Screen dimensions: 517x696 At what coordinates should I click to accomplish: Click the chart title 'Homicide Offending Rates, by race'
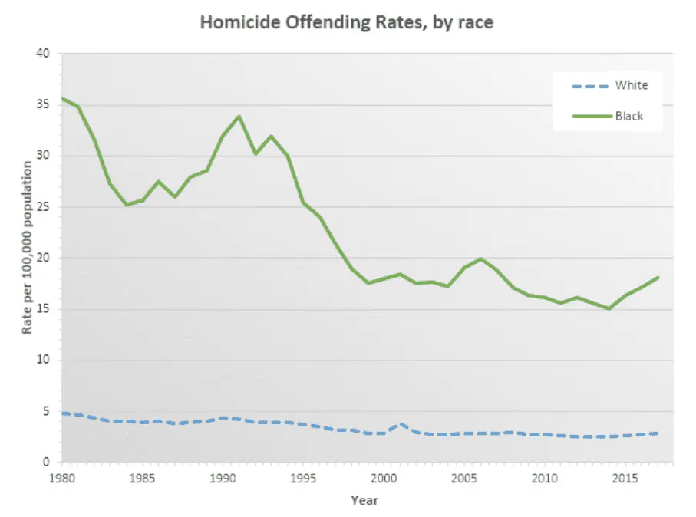click(x=346, y=22)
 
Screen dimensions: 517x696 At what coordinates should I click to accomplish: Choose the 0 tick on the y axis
click(x=45, y=463)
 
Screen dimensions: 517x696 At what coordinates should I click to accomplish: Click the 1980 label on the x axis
click(x=61, y=478)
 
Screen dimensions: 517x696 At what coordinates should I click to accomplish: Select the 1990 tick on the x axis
click(x=223, y=478)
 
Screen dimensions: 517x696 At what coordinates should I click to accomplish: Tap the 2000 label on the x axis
click(x=384, y=478)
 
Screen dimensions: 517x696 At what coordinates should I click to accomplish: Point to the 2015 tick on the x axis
click(x=625, y=478)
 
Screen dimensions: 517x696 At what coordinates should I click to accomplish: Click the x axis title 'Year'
click(x=364, y=501)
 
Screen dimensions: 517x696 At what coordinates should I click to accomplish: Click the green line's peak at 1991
click(x=239, y=117)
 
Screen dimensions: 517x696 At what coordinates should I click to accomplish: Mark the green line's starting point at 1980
click(x=62, y=98)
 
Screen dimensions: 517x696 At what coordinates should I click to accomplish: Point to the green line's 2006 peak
click(x=480, y=258)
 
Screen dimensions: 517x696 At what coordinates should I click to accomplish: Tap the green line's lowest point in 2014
click(x=609, y=308)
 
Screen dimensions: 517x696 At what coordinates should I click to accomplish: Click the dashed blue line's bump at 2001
click(x=400, y=423)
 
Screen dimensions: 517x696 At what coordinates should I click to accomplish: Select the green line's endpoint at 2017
click(x=658, y=278)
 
